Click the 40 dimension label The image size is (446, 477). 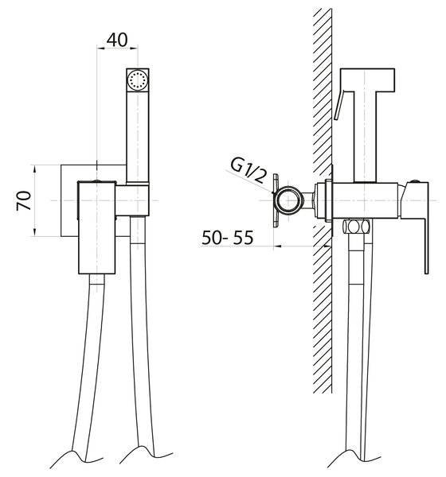(x=117, y=40)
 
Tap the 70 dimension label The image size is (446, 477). (x=24, y=200)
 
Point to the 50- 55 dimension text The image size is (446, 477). (x=228, y=238)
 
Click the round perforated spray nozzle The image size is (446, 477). (x=138, y=79)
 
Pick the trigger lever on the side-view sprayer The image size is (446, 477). (x=339, y=104)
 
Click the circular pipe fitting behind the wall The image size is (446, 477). (x=288, y=200)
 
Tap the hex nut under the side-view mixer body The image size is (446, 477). (x=356, y=227)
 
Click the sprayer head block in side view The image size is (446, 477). (x=367, y=80)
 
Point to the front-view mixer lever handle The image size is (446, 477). (x=97, y=227)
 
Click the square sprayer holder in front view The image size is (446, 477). (x=132, y=200)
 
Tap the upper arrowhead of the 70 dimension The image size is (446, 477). (x=34, y=169)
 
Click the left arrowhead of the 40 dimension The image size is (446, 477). (x=100, y=48)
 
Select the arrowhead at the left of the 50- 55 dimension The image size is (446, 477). (x=277, y=246)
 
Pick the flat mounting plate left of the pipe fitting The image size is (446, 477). (x=276, y=200)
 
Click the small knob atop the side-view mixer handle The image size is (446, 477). (x=414, y=181)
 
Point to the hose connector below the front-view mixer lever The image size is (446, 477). (x=97, y=279)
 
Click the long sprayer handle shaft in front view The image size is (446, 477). (x=138, y=137)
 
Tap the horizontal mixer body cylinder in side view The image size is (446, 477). (x=366, y=200)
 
